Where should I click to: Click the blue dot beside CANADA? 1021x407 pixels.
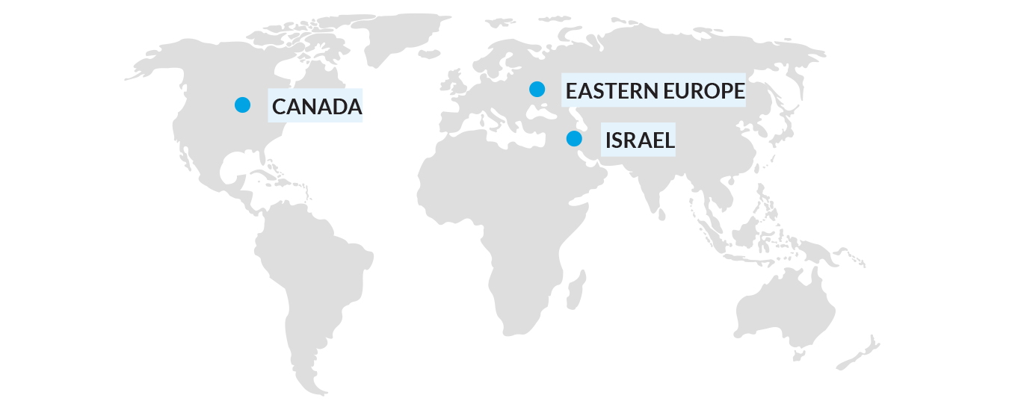point(242,105)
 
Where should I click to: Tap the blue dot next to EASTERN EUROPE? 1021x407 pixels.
point(537,89)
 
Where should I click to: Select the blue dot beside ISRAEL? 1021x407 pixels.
point(574,138)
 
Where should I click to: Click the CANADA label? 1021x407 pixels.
point(316,106)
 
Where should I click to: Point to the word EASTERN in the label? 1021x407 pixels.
point(612,91)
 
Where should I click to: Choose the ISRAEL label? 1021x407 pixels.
point(640,140)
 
